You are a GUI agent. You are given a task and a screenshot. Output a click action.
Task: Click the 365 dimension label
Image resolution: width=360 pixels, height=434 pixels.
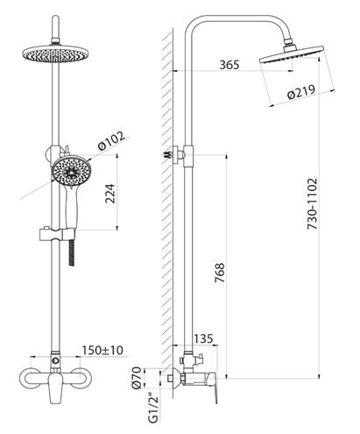pyautogui.click(x=229, y=65)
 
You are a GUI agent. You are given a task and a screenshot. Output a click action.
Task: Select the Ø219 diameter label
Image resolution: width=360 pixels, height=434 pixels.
pyautogui.click(x=301, y=92)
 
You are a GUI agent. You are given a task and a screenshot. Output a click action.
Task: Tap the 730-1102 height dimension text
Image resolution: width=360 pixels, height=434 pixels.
pyautogui.click(x=312, y=203)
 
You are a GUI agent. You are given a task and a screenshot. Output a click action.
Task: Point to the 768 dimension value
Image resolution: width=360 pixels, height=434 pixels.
pyautogui.click(x=220, y=273)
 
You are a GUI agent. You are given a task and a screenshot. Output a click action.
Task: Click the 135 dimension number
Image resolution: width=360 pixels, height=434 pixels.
pyautogui.click(x=203, y=338)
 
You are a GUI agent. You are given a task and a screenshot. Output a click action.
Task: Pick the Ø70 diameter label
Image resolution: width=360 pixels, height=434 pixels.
pyautogui.click(x=137, y=378)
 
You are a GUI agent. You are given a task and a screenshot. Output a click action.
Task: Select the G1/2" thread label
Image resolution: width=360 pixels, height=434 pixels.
pyautogui.click(x=153, y=409)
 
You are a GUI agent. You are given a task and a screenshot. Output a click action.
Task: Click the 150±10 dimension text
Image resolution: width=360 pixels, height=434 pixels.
pyautogui.click(x=102, y=350)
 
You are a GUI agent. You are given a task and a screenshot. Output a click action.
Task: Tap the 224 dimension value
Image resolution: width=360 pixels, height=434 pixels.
pyautogui.click(x=110, y=194)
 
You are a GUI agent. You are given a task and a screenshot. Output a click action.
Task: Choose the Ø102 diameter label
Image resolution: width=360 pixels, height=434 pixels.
pyautogui.click(x=111, y=140)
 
